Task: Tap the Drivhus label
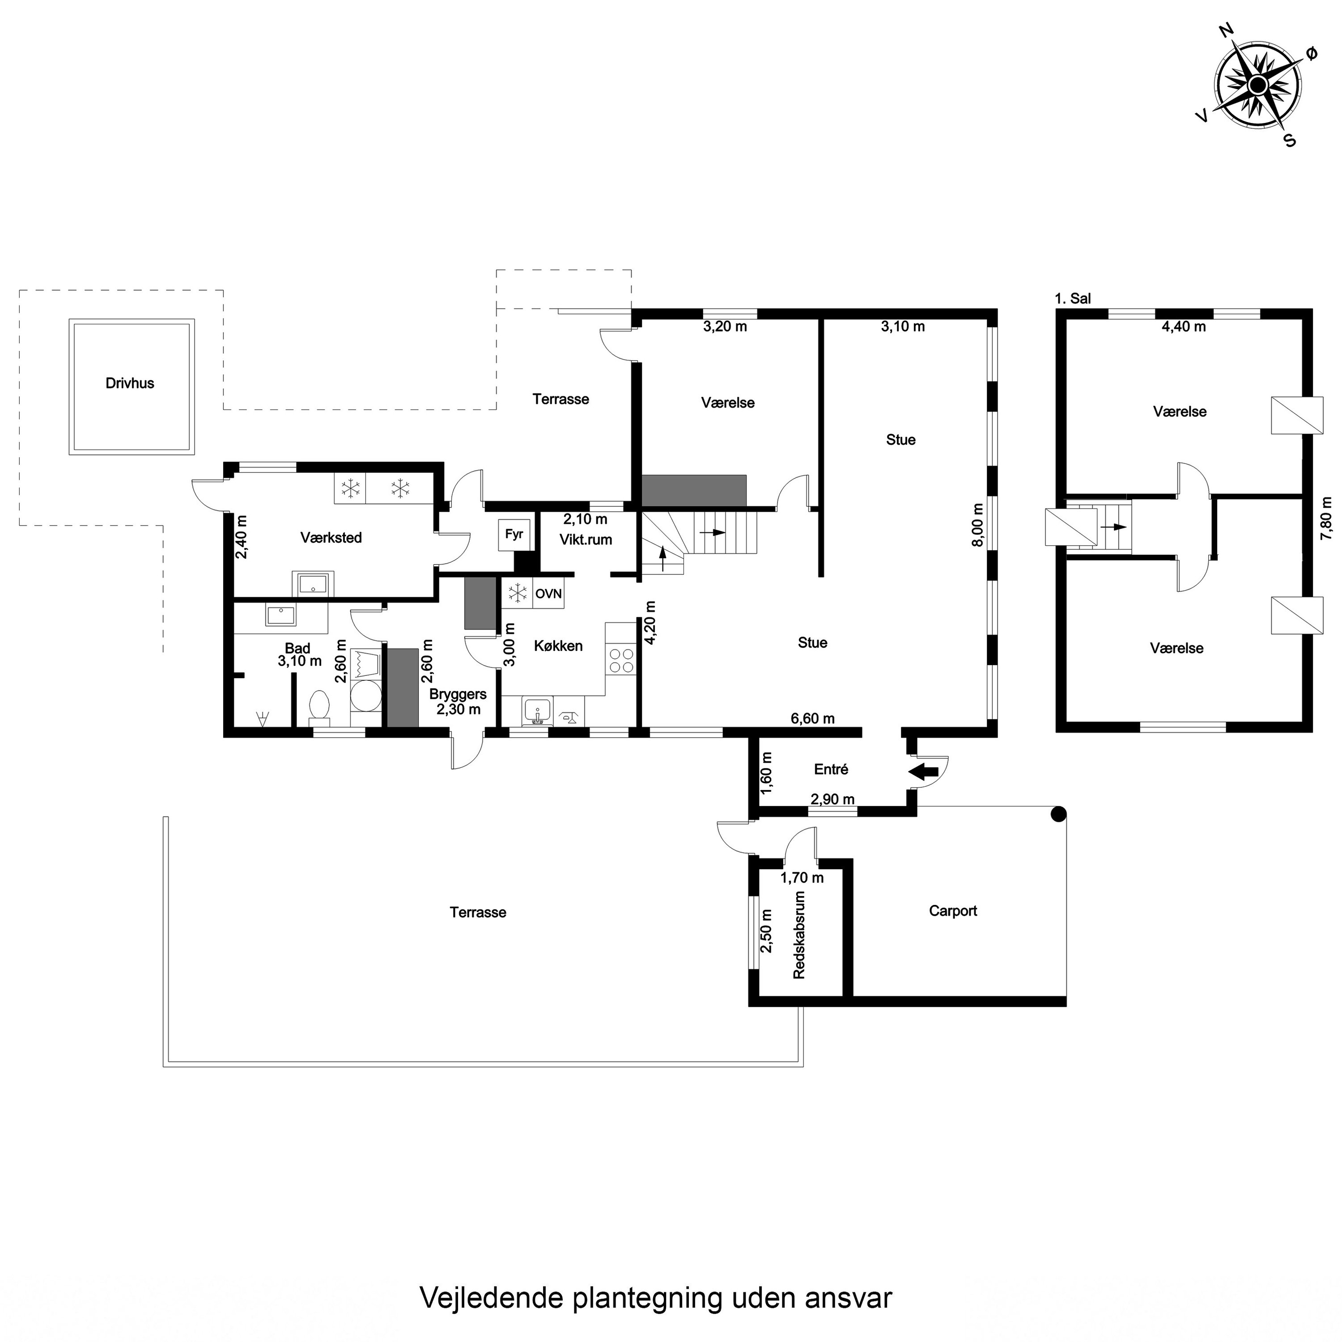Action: pyautogui.click(x=130, y=383)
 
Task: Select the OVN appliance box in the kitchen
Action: pyautogui.click(x=548, y=594)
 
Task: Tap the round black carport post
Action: pyautogui.click(x=1058, y=814)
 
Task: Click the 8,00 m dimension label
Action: pyautogui.click(x=978, y=526)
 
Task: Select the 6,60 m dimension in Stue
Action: pyautogui.click(x=813, y=719)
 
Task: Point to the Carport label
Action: pyautogui.click(x=953, y=911)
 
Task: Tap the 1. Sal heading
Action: pyautogui.click(x=1073, y=299)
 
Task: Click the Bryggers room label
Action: pyautogui.click(x=458, y=694)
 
